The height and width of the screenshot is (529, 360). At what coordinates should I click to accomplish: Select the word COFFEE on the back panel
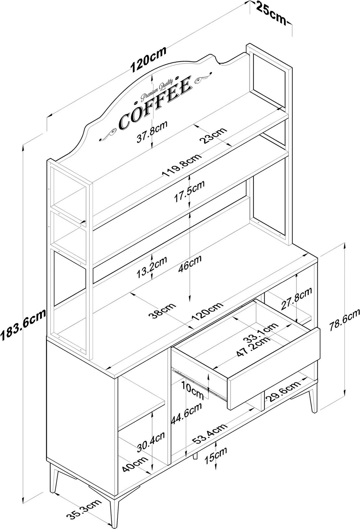click(x=155, y=102)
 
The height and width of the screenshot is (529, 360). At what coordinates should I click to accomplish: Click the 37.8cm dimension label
click(x=152, y=131)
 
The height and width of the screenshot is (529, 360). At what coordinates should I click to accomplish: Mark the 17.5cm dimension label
click(x=190, y=192)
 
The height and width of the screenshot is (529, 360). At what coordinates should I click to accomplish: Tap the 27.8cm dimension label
click(x=296, y=298)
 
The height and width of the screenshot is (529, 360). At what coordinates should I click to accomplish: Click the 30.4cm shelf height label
click(x=151, y=442)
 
